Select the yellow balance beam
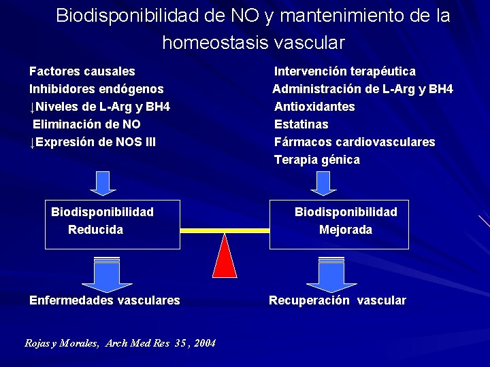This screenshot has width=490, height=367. [225, 230]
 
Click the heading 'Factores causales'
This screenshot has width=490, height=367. [82, 71]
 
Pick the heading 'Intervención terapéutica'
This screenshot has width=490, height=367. [345, 71]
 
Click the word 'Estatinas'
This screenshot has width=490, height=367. [301, 124]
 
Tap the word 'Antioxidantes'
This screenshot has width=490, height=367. [314, 107]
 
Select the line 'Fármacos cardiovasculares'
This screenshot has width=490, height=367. [355, 142]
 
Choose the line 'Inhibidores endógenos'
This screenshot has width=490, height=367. [96, 89]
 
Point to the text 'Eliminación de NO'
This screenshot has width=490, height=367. [87, 124]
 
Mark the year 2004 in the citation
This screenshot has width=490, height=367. [204, 343]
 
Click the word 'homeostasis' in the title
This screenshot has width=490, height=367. [215, 43]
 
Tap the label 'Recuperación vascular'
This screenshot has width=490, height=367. [338, 300]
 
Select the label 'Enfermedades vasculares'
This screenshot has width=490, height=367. [105, 300]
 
